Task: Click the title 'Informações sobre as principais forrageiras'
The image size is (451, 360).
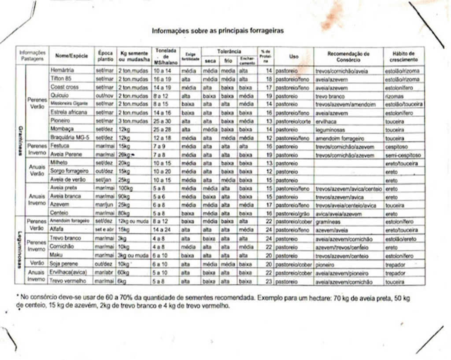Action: click(218, 31)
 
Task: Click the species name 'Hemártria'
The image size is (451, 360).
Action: click(62, 70)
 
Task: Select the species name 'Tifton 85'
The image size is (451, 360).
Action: click(61, 78)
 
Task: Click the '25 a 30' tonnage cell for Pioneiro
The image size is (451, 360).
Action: click(162, 121)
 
